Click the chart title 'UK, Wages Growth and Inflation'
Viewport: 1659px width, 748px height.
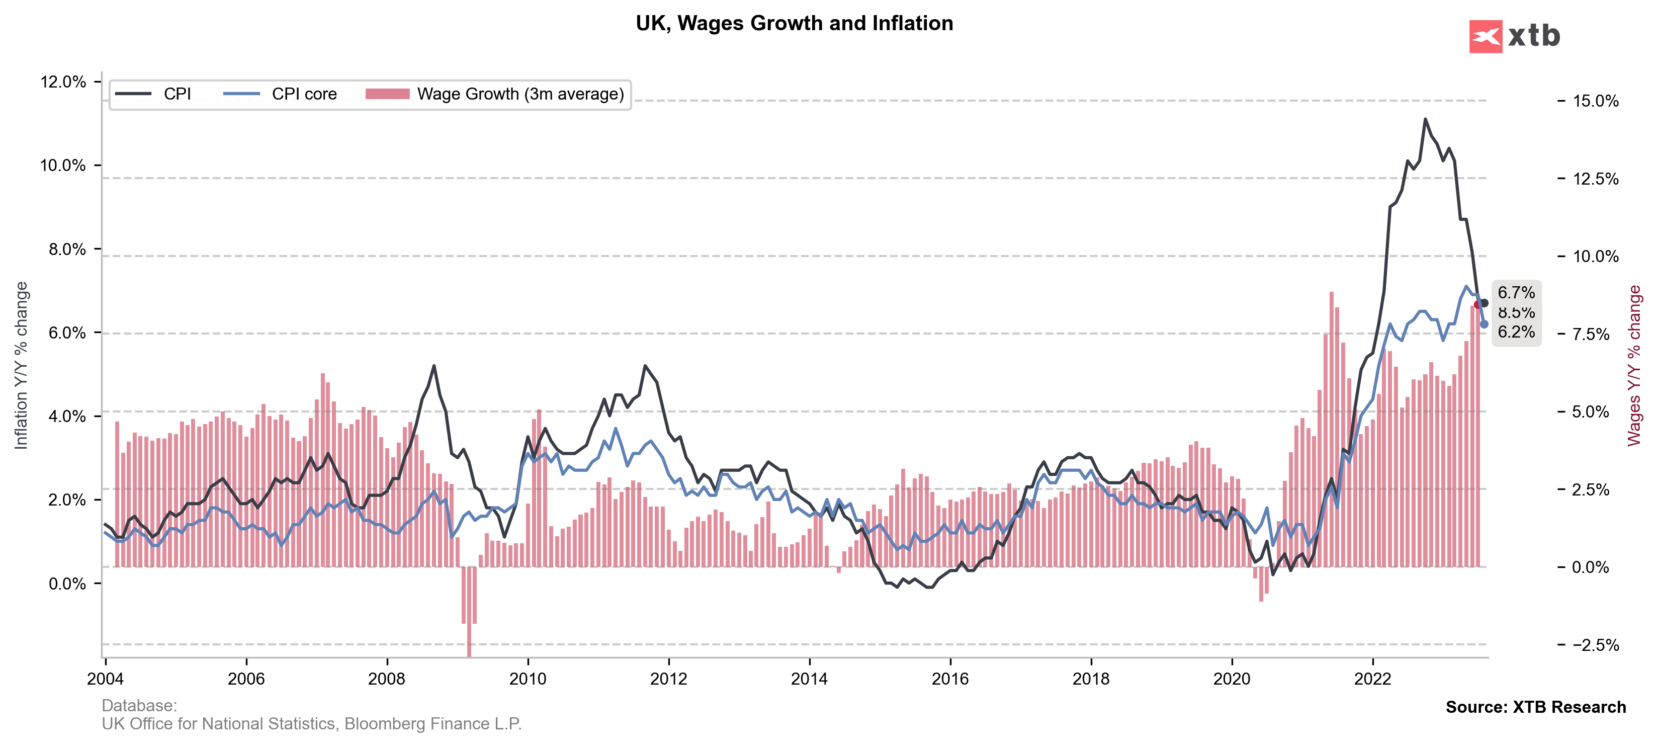click(794, 23)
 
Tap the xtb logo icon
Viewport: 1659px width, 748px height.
click(1485, 36)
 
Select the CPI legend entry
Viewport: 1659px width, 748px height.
click(177, 94)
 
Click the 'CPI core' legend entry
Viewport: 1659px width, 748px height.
click(304, 94)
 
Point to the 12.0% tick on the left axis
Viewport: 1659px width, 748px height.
click(62, 82)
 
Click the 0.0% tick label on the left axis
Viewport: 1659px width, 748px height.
click(67, 584)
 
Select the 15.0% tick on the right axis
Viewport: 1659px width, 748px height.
click(1595, 101)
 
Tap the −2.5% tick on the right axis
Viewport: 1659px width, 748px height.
click(1595, 645)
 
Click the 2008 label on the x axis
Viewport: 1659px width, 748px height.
click(387, 679)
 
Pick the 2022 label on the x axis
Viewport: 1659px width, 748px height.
click(1372, 679)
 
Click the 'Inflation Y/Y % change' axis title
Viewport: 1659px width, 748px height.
click(21, 365)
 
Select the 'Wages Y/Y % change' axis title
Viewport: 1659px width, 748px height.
click(1634, 365)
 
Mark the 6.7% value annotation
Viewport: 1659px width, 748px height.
click(1516, 292)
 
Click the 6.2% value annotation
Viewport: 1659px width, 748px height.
click(1516, 332)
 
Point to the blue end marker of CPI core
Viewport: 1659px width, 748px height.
click(1485, 324)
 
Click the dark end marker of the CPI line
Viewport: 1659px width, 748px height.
click(1485, 303)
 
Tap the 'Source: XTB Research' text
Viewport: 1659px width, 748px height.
click(1535, 707)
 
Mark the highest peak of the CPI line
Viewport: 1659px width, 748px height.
click(1425, 119)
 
